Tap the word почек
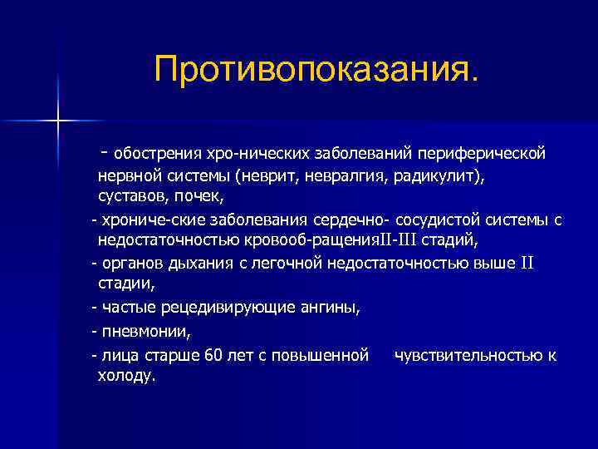(200, 198)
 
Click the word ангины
(330, 308)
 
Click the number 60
(213, 355)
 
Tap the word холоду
(126, 376)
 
